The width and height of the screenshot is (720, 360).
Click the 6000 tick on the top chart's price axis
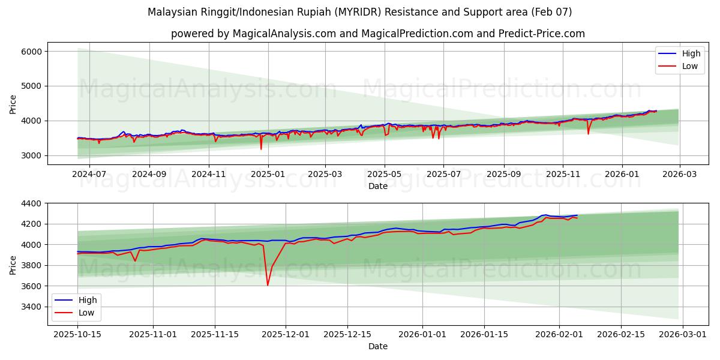tap(32, 52)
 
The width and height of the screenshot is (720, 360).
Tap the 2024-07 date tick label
tap(89, 175)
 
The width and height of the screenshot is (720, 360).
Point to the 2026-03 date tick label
tap(679, 175)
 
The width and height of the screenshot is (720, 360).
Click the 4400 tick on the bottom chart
tap(32, 203)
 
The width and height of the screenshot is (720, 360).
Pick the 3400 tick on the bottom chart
tap(32, 307)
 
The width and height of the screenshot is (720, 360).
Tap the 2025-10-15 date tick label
tap(77, 335)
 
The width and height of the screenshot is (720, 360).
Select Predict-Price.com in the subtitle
tap(542, 34)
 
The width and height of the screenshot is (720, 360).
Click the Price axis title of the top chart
tap(13, 104)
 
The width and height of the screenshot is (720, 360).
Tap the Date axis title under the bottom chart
tap(378, 346)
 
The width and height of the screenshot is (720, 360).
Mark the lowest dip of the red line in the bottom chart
tap(268, 285)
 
